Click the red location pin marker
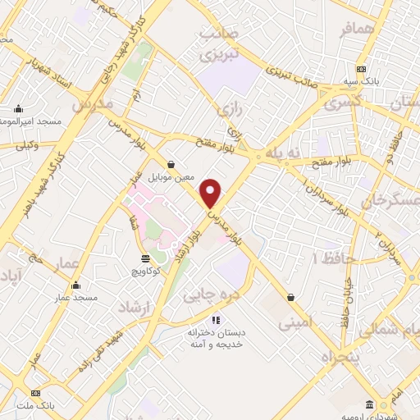[x=212, y=192]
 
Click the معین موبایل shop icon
[x=170, y=164]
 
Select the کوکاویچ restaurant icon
[x=145, y=258]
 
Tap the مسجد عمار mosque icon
[x=75, y=286]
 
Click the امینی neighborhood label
[x=295, y=323]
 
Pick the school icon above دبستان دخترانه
[x=215, y=320]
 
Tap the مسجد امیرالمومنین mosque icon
[x=20, y=109]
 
